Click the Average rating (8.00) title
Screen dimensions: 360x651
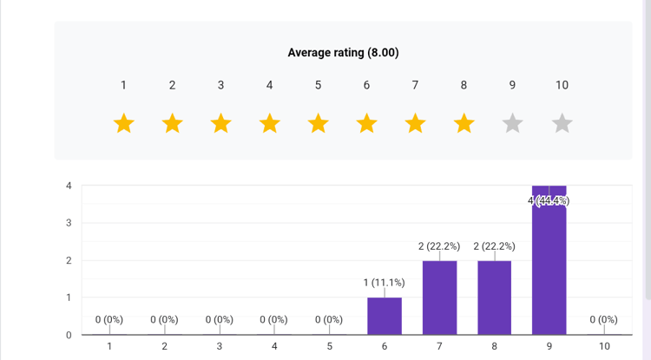click(343, 53)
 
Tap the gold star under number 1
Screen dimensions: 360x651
click(124, 124)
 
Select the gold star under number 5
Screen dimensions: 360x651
click(319, 124)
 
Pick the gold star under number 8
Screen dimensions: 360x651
click(464, 124)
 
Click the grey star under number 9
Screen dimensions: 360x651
click(513, 124)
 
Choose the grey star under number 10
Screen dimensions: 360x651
click(562, 124)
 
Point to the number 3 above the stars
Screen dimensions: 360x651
click(221, 85)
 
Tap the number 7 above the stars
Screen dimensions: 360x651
click(416, 85)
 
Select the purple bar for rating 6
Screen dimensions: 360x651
click(385, 316)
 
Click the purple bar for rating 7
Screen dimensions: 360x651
click(439, 298)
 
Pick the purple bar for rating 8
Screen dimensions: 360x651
click(495, 298)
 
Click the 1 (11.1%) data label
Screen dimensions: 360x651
click(385, 283)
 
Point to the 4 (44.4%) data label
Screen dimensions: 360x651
click(549, 201)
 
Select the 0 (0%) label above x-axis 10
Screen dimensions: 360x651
click(603, 320)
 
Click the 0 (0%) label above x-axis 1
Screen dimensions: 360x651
click(109, 320)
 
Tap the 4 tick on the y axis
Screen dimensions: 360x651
click(69, 186)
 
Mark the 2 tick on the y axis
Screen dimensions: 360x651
click(69, 260)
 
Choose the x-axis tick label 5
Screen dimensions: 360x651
click(329, 347)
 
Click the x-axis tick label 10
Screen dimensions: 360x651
click(603, 347)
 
